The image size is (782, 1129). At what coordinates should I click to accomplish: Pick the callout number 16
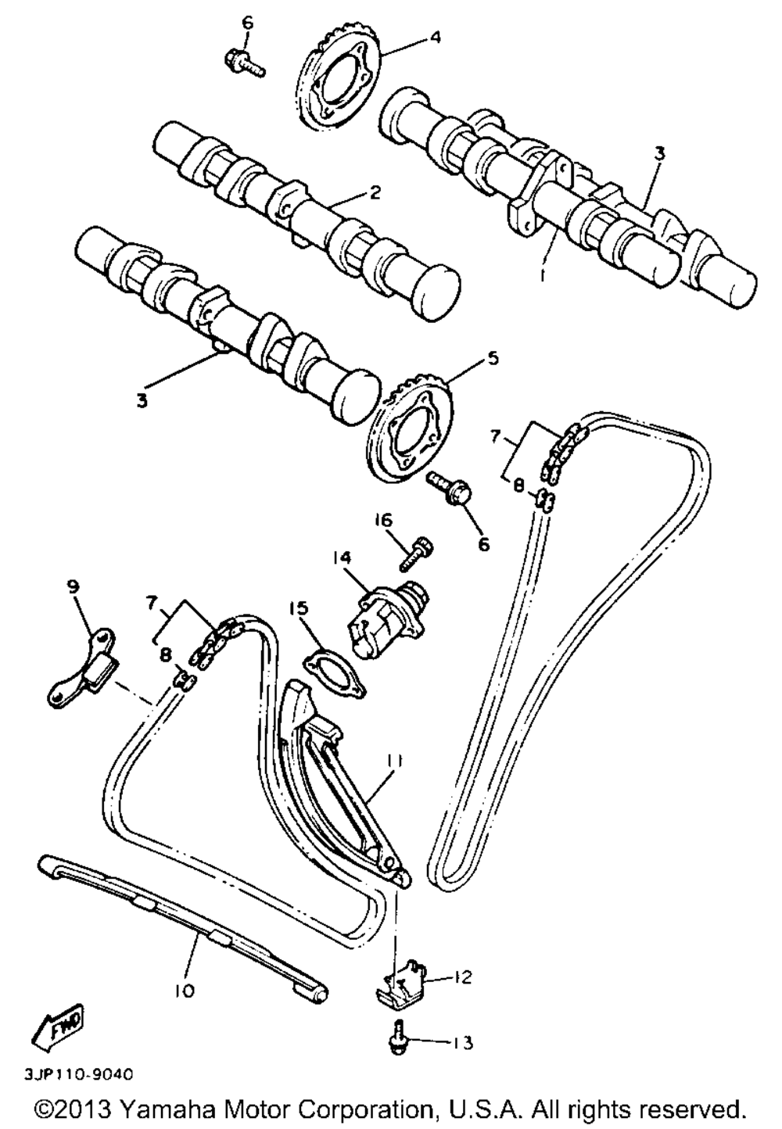point(386,521)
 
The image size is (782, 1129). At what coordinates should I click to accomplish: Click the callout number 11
point(393,759)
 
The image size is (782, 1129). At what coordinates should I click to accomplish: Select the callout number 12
point(462,977)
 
